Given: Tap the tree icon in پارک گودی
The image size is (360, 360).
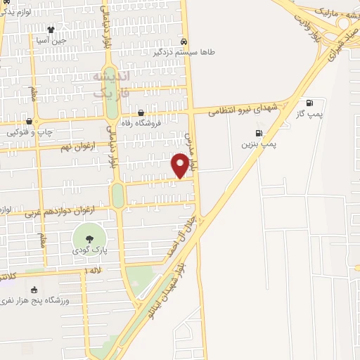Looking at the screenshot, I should pos(89,239).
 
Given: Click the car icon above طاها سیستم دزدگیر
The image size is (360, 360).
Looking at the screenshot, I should pos(184,40).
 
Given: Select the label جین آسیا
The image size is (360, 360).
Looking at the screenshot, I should pos(51,40).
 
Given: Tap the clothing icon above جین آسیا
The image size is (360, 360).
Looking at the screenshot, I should pos(51,30).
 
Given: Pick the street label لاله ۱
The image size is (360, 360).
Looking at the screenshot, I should pos(94,270).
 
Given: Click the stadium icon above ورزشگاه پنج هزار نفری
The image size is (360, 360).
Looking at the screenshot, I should pos(34,290).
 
